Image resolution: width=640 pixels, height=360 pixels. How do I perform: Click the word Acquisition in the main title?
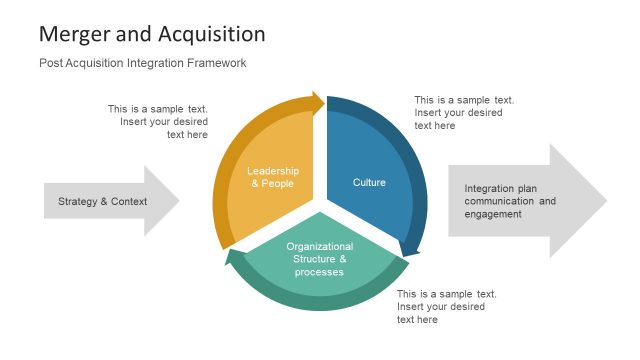(x=211, y=34)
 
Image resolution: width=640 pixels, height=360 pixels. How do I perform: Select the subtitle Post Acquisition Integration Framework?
(x=142, y=63)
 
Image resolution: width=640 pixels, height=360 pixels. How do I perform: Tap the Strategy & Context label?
(x=102, y=201)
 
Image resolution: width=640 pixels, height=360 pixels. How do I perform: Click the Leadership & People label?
(x=272, y=177)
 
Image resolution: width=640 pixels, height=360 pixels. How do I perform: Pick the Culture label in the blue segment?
(x=369, y=182)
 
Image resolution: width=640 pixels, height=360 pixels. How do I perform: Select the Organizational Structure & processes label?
(x=319, y=259)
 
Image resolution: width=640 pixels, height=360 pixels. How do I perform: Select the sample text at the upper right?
(x=464, y=113)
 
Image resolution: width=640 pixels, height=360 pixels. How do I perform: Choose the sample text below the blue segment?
(x=446, y=307)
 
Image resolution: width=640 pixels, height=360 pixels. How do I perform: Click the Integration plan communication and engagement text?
(x=510, y=201)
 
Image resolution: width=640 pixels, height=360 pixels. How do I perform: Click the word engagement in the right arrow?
(x=493, y=214)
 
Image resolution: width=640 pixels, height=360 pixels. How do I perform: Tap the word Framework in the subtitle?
(x=216, y=63)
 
